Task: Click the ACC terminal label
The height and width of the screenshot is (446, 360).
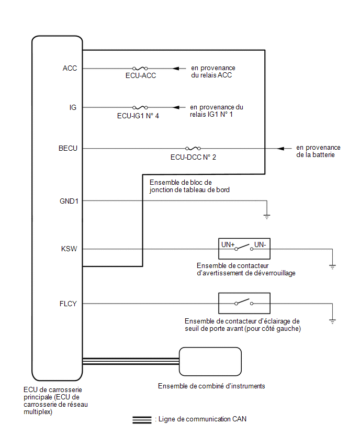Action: click(x=70, y=68)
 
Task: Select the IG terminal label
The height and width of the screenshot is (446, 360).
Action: click(x=73, y=107)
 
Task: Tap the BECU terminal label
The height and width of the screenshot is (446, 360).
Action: click(x=67, y=149)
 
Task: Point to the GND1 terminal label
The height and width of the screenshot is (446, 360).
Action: click(x=69, y=201)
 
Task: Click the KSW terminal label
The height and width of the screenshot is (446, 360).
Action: click(x=69, y=249)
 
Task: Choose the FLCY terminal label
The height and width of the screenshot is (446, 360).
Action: click(x=68, y=304)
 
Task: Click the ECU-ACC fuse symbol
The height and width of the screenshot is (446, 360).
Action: click(x=140, y=68)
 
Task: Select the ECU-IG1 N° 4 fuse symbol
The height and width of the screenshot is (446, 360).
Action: click(x=140, y=107)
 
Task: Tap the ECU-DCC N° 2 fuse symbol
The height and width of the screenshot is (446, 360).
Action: click(x=193, y=149)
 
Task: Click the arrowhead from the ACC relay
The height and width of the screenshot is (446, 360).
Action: click(x=176, y=68)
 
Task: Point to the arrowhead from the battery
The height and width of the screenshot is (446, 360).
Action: click(x=280, y=149)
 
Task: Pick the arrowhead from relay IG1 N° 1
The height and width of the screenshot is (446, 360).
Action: click(x=176, y=107)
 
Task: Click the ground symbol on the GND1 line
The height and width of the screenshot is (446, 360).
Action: click(x=267, y=217)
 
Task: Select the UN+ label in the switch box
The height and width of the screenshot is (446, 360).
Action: click(x=228, y=244)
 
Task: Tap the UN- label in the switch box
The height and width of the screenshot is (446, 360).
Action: click(x=260, y=244)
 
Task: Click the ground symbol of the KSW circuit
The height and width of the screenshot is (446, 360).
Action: click(x=332, y=267)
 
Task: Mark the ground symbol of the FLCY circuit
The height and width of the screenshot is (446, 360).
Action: click(x=332, y=321)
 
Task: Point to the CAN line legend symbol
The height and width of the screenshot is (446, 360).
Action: click(x=142, y=420)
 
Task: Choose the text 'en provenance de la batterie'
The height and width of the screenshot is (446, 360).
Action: click(x=318, y=151)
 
